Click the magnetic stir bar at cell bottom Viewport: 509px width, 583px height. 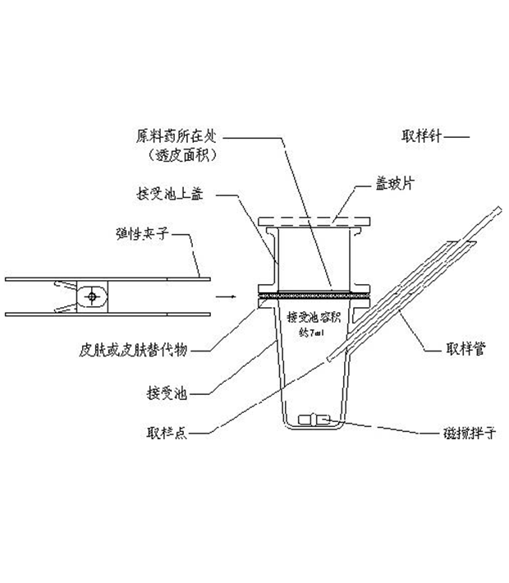317,420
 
